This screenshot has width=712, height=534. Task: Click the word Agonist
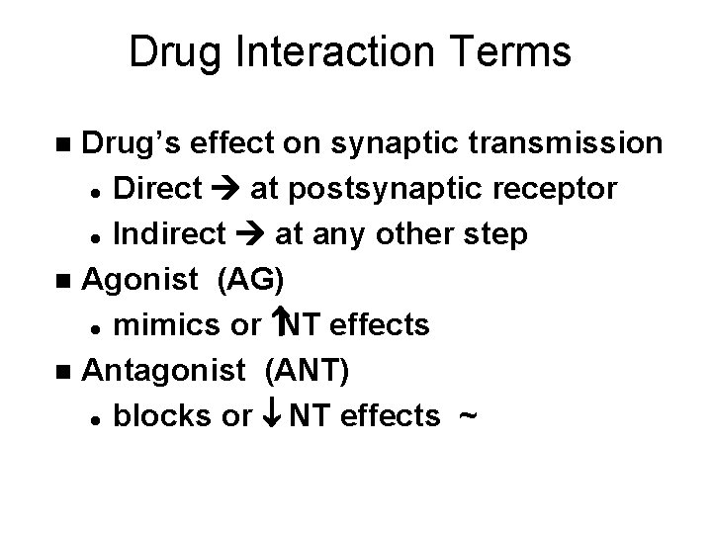pos(138,280)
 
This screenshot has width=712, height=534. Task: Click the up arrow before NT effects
pos(278,323)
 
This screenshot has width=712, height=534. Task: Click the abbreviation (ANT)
pos(306,371)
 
